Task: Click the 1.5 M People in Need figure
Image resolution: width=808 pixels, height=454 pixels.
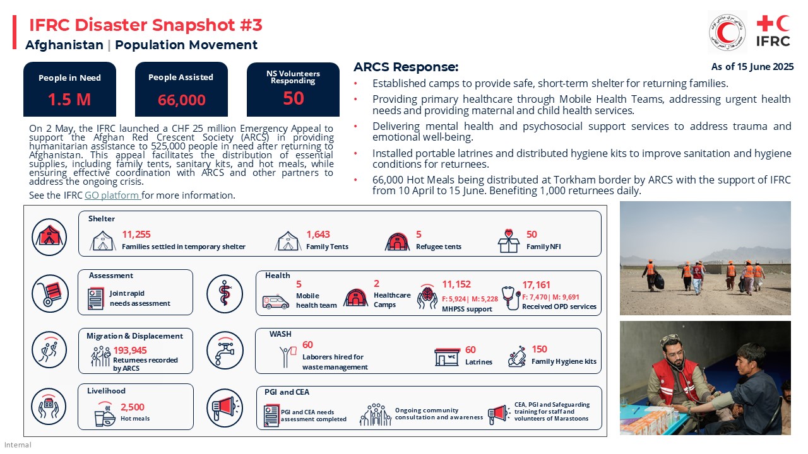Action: (x=69, y=100)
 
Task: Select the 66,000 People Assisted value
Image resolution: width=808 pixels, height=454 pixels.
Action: (x=182, y=100)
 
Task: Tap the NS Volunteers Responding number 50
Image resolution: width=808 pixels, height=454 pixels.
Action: (x=294, y=98)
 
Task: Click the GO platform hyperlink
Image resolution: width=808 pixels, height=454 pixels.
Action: (x=112, y=195)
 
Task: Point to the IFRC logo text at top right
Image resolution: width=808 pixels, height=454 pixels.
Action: (x=773, y=42)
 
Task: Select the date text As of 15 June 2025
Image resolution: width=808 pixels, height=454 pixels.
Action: (x=752, y=67)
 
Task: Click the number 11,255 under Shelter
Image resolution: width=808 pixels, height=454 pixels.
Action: (x=136, y=235)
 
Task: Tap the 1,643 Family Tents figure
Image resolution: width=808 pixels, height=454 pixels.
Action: (x=318, y=235)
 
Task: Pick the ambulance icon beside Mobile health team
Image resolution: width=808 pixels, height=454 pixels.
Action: (x=276, y=302)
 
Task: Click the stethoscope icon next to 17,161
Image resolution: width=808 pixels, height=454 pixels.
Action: (x=510, y=298)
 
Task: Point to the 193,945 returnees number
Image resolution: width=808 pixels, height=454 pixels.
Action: (x=130, y=351)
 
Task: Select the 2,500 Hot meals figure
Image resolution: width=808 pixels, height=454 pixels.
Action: (x=133, y=407)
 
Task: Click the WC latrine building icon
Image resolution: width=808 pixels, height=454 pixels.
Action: (x=447, y=357)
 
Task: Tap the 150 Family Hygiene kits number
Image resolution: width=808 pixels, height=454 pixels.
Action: (x=539, y=349)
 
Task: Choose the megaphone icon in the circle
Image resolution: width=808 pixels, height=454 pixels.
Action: (x=224, y=408)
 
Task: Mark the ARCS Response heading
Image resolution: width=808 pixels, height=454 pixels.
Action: (x=406, y=67)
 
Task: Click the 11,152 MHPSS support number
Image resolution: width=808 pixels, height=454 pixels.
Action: (x=456, y=284)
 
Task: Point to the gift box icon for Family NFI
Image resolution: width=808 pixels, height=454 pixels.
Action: (x=508, y=241)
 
